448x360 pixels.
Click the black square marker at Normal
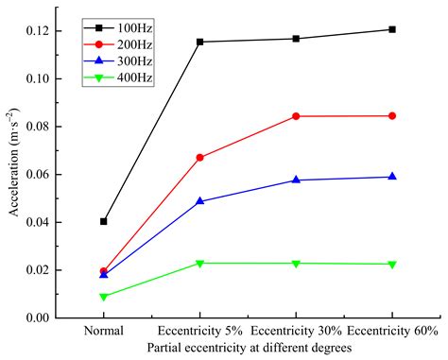tap(103, 221)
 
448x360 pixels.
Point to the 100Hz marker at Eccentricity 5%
tap(199, 42)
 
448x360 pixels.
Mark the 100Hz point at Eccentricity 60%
tap(391, 29)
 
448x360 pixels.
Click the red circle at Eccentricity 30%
tap(296, 116)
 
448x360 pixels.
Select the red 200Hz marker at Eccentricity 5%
tap(199, 157)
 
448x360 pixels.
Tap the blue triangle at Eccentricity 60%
tap(391, 177)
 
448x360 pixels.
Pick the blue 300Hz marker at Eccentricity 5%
tap(199, 201)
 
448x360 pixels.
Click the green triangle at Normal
tap(103, 297)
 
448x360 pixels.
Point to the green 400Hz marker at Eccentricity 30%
tap(296, 264)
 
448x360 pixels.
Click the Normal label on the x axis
tap(103, 333)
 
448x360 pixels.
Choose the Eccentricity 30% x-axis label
tap(296, 333)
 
